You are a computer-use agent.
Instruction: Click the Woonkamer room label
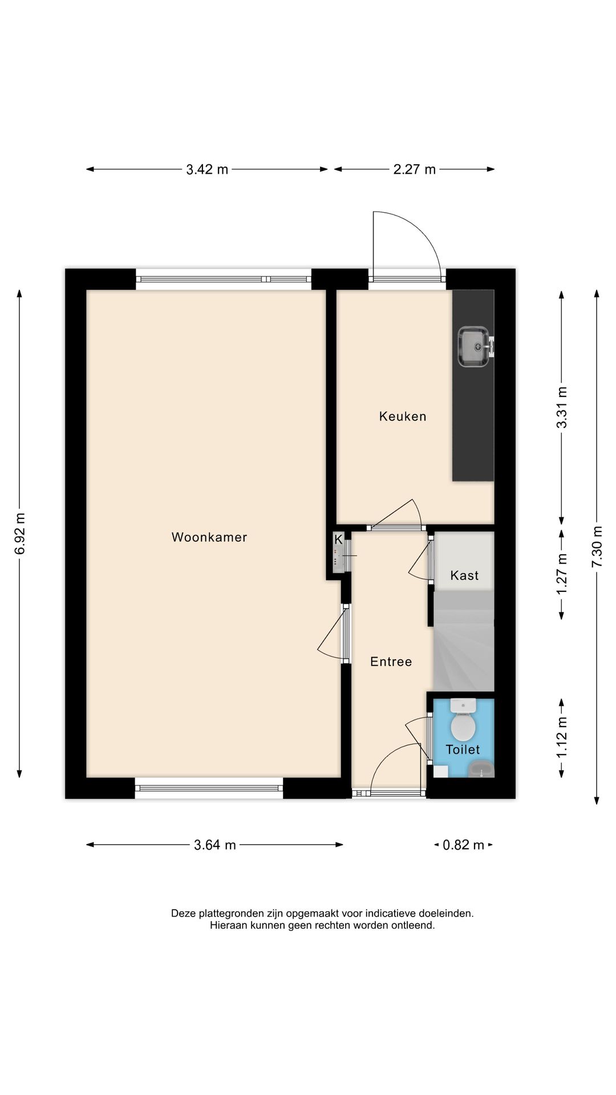pos(209,537)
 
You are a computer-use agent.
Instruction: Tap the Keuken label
pos(403,416)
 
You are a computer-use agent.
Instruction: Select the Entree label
pos(391,662)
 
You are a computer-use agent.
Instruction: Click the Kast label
pos(464,575)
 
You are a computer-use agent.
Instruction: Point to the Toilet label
pos(463,749)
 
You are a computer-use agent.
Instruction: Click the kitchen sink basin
pos(473,346)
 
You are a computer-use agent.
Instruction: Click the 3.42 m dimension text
pos(207,169)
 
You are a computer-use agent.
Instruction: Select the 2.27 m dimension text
pos(415,169)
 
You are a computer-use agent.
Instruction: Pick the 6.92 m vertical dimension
pos(20,534)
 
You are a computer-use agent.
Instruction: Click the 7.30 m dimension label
pos(597,546)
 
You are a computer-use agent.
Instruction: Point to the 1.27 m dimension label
pos(562,574)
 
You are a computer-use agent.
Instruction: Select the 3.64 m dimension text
pos(214,845)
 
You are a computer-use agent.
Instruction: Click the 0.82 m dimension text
pos(463,845)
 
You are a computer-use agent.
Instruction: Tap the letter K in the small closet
pos(338,539)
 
